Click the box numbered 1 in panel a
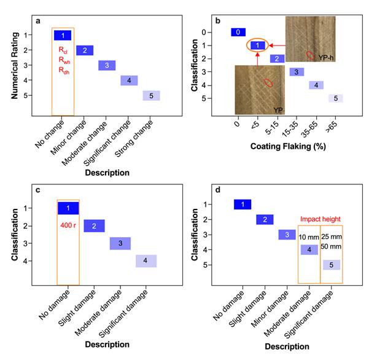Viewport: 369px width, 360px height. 63,35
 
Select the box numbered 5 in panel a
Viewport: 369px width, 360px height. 151,95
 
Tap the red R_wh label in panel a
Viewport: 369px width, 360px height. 64,60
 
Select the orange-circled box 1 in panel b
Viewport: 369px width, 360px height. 258,45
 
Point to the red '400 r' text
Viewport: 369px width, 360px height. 68,225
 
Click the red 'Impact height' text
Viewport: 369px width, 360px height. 320,219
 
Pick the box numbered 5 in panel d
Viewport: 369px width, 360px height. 332,265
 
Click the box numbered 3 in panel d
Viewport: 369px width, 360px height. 287,235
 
